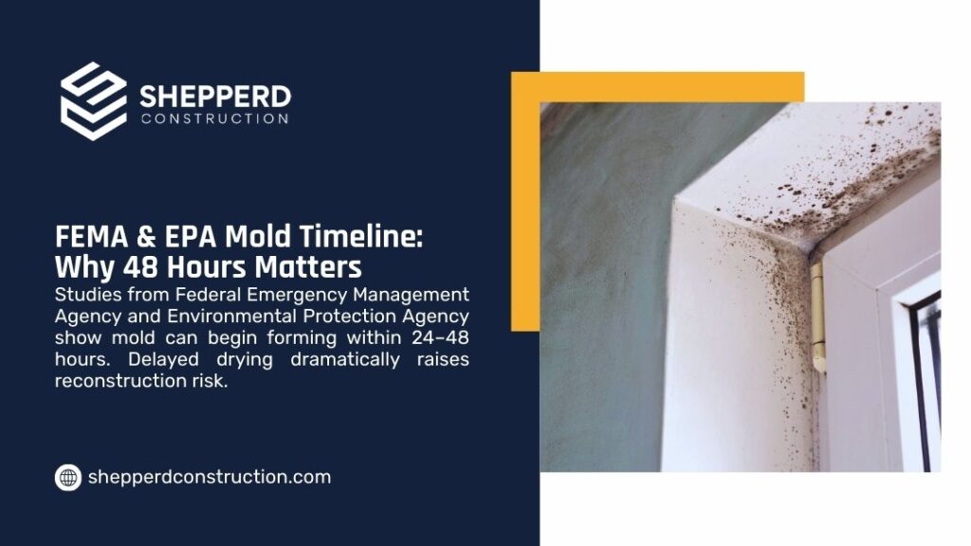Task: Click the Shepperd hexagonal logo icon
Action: pyautogui.click(x=93, y=101)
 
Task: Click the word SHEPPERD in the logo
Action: pyautogui.click(x=215, y=97)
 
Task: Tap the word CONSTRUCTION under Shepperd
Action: pyautogui.click(x=214, y=118)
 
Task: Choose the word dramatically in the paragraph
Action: pyautogui.click(x=320, y=360)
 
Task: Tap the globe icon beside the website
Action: pyautogui.click(x=67, y=478)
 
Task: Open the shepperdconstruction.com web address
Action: pyautogui.click(x=209, y=478)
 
